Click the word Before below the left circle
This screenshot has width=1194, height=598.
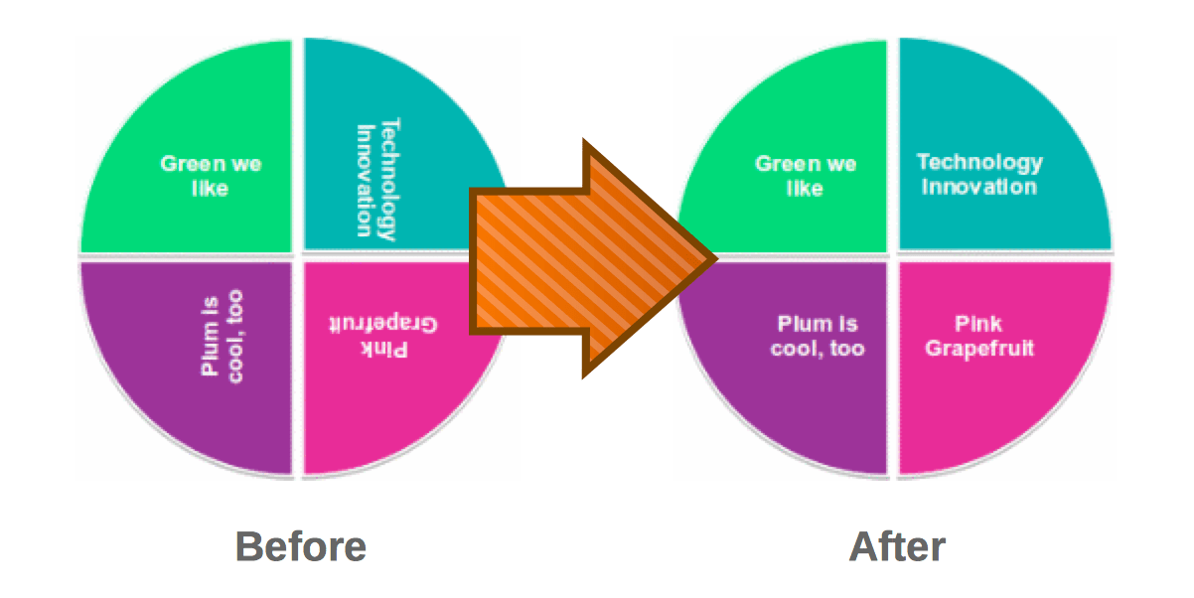coord(300,546)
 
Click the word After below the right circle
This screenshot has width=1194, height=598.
coord(897,546)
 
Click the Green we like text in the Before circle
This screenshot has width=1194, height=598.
coord(211,175)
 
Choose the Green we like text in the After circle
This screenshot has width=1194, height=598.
coord(806,175)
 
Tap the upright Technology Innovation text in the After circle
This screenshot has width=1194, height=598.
coord(979,174)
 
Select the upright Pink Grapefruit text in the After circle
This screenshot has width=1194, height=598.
coord(979,336)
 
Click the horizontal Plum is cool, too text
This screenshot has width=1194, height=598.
coord(817,336)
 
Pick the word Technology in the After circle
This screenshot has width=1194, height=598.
coord(979,162)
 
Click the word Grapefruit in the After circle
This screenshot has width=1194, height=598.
coord(979,349)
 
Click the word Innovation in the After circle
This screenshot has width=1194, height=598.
coord(979,187)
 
